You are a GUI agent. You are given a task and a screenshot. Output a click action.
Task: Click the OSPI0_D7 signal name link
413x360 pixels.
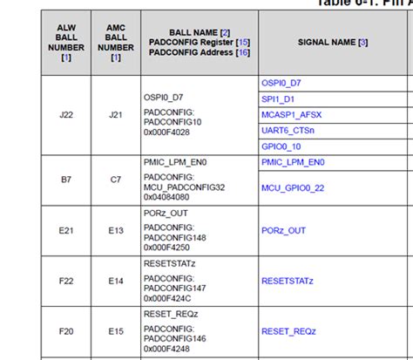pyautogui.click(x=281, y=83)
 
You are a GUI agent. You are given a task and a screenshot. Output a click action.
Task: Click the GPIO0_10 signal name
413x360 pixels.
pyautogui.click(x=281, y=146)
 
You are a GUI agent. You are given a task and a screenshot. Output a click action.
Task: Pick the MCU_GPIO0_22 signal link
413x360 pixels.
pyautogui.click(x=292, y=187)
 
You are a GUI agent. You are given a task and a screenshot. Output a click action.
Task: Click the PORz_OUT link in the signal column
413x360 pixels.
pyautogui.click(x=283, y=230)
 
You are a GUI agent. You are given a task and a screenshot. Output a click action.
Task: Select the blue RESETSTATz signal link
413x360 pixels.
pyautogui.click(x=287, y=281)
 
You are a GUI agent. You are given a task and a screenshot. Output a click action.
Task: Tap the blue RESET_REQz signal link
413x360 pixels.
pyautogui.click(x=287, y=331)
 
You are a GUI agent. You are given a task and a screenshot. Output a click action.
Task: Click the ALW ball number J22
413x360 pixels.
pyautogui.click(x=67, y=114)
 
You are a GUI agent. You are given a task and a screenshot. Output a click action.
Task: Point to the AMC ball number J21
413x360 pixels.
pyautogui.click(x=116, y=114)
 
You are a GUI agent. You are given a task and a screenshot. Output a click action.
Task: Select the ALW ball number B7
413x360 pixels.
pyautogui.click(x=67, y=180)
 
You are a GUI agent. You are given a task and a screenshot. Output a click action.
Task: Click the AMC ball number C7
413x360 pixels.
pyautogui.click(x=116, y=180)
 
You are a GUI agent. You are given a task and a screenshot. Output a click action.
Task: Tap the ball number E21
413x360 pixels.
pyautogui.click(x=67, y=230)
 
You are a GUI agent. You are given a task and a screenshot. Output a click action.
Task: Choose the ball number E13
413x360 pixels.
pyautogui.click(x=116, y=230)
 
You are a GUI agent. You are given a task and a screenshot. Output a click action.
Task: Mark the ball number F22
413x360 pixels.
pyautogui.click(x=67, y=281)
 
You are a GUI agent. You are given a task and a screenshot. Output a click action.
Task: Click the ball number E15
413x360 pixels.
pyautogui.click(x=116, y=331)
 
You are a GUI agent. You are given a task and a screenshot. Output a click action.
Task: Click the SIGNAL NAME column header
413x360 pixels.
pyautogui.click(x=332, y=41)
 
